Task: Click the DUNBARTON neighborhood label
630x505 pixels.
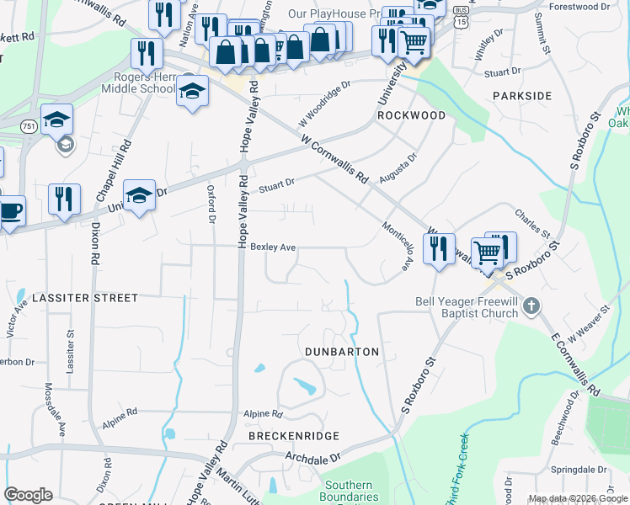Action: pyautogui.click(x=342, y=351)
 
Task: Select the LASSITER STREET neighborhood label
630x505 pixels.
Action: pyautogui.click(x=84, y=298)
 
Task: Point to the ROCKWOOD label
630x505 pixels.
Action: pyautogui.click(x=411, y=115)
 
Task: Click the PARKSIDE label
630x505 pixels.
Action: pyautogui.click(x=522, y=96)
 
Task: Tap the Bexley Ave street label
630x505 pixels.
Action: pyautogui.click(x=273, y=247)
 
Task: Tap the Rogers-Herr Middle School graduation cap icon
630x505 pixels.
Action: pyautogui.click(x=192, y=91)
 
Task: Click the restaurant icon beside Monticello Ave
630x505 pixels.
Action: pyautogui.click(x=439, y=249)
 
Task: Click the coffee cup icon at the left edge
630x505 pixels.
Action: pyautogui.click(x=10, y=211)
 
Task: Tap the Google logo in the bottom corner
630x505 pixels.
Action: pyautogui.click(x=28, y=495)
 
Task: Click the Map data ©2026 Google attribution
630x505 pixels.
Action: pyautogui.click(x=577, y=498)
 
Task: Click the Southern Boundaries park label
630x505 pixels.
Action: pyautogui.click(x=349, y=491)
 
